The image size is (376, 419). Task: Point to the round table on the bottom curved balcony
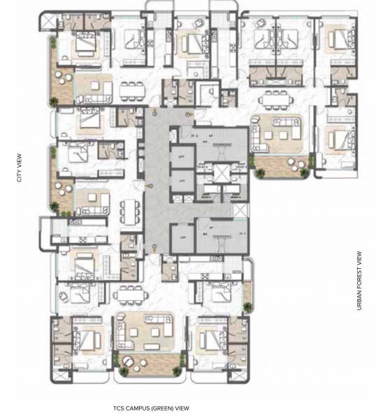[130, 361]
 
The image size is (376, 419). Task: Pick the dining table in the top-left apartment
[131, 90]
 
